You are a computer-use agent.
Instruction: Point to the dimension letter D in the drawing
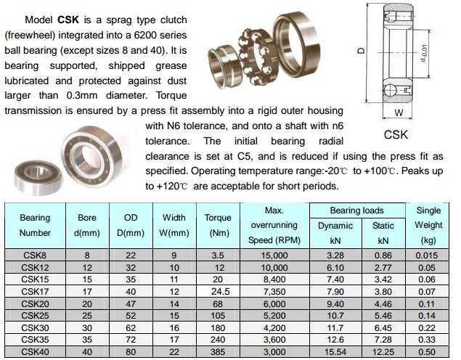361,52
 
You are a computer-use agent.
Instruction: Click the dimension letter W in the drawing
398,112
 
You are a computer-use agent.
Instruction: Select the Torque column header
218,225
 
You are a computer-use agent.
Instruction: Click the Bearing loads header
357,210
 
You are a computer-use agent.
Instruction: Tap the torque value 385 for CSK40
218,352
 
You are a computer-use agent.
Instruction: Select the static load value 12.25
383,352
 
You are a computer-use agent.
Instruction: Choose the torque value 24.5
218,291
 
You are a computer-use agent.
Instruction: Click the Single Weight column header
428,224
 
